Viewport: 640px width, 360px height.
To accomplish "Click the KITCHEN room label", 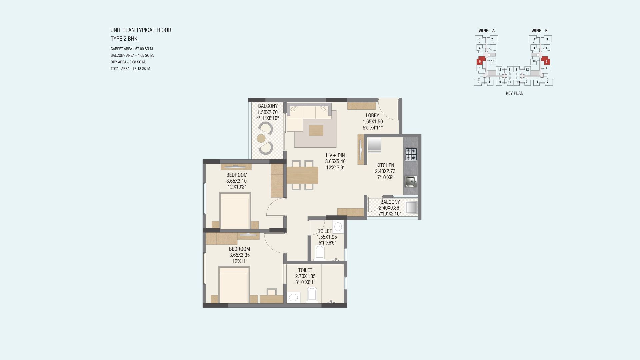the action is click(385, 165).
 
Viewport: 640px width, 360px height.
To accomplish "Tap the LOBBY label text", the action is click(372, 116).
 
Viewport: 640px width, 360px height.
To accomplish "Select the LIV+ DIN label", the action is click(335, 155).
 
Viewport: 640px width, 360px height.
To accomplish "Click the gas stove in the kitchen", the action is click(411, 154).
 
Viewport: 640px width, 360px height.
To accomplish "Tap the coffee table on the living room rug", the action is click(316, 130).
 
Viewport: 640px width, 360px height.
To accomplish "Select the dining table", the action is click(302, 175).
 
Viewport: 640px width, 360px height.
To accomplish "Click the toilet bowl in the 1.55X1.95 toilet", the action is click(320, 252).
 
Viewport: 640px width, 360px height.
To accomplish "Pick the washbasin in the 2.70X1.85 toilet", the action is click(293, 297).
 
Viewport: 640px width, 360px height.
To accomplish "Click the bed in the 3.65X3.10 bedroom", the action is click(235, 211).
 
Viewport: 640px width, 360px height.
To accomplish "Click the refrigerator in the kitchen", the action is click(375, 146).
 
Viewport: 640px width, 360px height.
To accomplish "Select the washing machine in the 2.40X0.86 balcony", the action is click(411, 207).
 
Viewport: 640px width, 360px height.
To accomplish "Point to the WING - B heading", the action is click(540, 31).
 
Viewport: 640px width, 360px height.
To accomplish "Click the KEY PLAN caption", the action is click(515, 93).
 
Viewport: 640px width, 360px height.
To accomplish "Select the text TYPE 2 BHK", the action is click(124, 39).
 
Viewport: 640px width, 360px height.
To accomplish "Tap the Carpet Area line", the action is click(132, 49).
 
